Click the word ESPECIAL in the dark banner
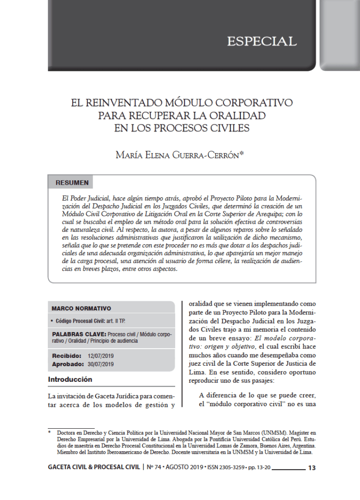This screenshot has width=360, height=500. [x=261, y=42]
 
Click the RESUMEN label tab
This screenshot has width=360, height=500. [x=72, y=183]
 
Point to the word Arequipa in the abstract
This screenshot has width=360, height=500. [x=283, y=214]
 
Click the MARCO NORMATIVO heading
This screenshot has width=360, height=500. [x=81, y=308]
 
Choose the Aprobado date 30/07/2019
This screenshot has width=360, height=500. [x=100, y=364]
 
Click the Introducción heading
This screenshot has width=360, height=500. [x=70, y=379]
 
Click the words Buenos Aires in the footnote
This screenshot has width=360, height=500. [x=266, y=445]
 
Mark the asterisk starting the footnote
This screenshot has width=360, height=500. [x=49, y=433]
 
